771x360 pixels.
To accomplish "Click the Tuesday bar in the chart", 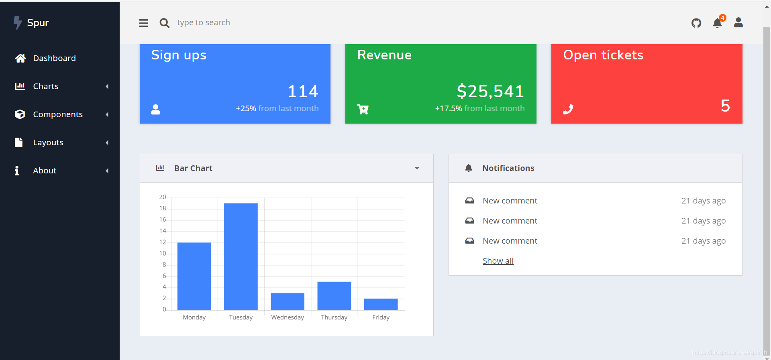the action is [x=241, y=256].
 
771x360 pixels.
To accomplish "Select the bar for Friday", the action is [x=381, y=304].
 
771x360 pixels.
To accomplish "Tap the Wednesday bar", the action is [x=288, y=301].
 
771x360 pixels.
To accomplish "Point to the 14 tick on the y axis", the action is [x=163, y=231].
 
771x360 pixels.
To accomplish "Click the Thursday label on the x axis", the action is [x=334, y=317].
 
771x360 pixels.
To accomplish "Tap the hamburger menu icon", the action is [x=143, y=23].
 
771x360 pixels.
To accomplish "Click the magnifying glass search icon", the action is [x=164, y=23].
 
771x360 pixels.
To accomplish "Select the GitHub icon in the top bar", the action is [x=696, y=23].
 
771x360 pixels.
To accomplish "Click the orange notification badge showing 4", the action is [x=722, y=18].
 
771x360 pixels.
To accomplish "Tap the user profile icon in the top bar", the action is [x=738, y=22].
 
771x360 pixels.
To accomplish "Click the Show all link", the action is [x=498, y=261].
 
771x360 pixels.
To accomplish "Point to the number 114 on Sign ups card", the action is [x=303, y=91].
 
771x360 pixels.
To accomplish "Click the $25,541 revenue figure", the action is [x=490, y=91].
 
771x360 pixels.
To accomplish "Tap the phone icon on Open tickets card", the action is [x=568, y=109].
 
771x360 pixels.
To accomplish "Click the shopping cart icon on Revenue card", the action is [x=363, y=109].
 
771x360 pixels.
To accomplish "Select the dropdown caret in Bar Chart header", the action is [x=417, y=168].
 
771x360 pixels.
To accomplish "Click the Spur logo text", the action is [x=38, y=23].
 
